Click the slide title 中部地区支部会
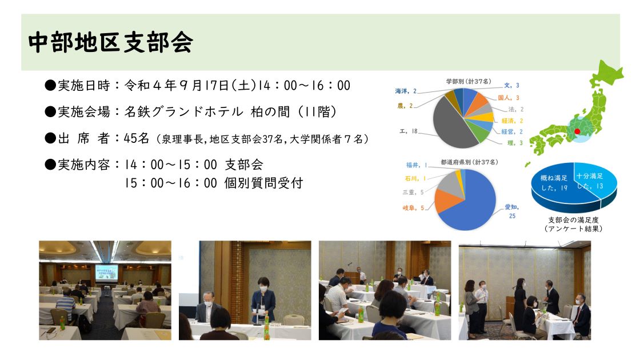(x=111, y=42)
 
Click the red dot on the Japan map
(x=577, y=131)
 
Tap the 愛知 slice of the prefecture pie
(x=469, y=208)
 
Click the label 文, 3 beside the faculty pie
(x=511, y=85)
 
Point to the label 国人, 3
(x=509, y=98)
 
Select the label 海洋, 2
(x=406, y=91)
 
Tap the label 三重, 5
(x=413, y=192)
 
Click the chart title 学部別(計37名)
(x=469, y=81)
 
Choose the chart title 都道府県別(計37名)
(x=469, y=162)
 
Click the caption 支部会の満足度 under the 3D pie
(x=573, y=219)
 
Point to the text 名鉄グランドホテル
(x=183, y=111)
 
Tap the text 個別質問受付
(x=263, y=183)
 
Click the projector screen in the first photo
(x=106, y=272)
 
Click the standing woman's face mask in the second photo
(x=263, y=289)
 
